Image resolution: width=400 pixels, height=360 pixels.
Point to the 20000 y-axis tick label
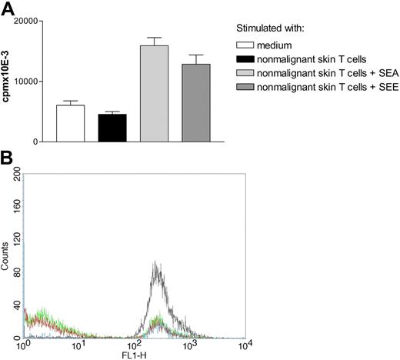[x=28, y=21]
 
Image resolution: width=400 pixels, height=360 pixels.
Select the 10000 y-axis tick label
[x=28, y=82]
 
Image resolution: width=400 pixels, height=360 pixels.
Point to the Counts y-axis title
[x=6, y=257]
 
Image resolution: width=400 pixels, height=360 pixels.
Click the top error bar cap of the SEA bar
[x=153, y=38]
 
